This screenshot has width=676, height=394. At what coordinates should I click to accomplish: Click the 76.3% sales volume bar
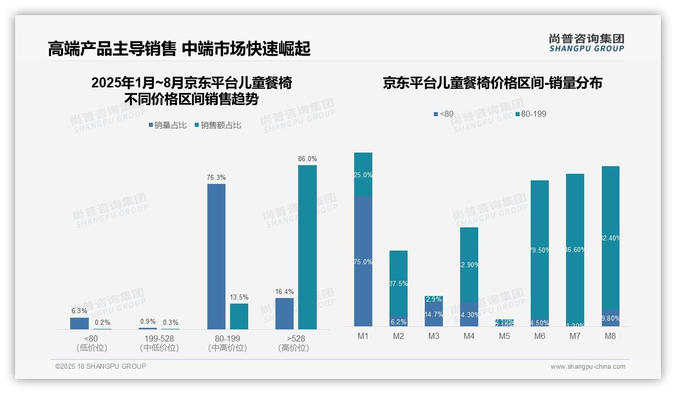coord(216,257)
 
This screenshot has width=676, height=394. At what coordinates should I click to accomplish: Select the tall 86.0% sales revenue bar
coord(307,247)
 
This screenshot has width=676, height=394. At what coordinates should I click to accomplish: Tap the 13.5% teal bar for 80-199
coord(239,316)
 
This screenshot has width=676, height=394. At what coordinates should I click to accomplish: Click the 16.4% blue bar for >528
coord(285,314)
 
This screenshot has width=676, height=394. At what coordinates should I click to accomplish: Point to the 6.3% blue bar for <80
coord(79,323)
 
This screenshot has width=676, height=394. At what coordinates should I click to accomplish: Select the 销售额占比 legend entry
coord(217,125)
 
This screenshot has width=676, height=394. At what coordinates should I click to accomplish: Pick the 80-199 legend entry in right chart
coord(531,114)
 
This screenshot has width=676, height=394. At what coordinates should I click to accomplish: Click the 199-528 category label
coord(159,338)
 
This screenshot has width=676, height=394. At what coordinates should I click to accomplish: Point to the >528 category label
coord(294,338)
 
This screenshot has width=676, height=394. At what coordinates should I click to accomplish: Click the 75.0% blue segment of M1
coord(363,261)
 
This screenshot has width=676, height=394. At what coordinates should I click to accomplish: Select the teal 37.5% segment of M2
coord(399,283)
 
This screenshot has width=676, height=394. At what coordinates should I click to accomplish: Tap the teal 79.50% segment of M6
coord(540,250)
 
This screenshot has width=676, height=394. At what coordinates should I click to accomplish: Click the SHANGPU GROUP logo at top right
coord(586,43)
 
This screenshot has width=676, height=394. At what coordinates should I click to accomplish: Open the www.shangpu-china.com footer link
coord(588,367)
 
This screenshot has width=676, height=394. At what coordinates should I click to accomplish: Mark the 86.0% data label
coord(308,159)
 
